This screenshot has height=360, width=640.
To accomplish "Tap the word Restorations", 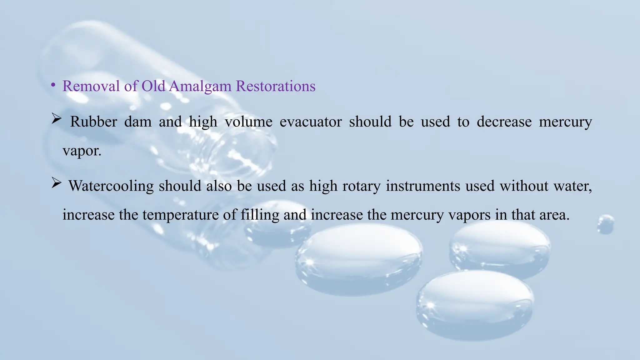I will pyautogui.click(x=275, y=86).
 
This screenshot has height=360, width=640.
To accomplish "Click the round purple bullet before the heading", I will pyautogui.click(x=54, y=85).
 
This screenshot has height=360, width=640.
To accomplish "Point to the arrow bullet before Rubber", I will pyautogui.click(x=56, y=119).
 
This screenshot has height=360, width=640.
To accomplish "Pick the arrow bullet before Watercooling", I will pyautogui.click(x=56, y=183).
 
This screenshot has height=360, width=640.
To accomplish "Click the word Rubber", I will pyautogui.click(x=93, y=122).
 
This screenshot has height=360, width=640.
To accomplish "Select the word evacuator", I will pyautogui.click(x=311, y=122).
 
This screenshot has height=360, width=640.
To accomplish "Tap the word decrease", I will pyautogui.click(x=504, y=122).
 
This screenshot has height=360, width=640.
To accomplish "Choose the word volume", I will pyautogui.click(x=248, y=122).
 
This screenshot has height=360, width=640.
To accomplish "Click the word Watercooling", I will pyautogui.click(x=111, y=186).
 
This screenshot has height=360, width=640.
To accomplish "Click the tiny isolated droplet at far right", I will pyautogui.click(x=606, y=224).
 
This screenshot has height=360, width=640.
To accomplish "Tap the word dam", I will pyautogui.click(x=138, y=122).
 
